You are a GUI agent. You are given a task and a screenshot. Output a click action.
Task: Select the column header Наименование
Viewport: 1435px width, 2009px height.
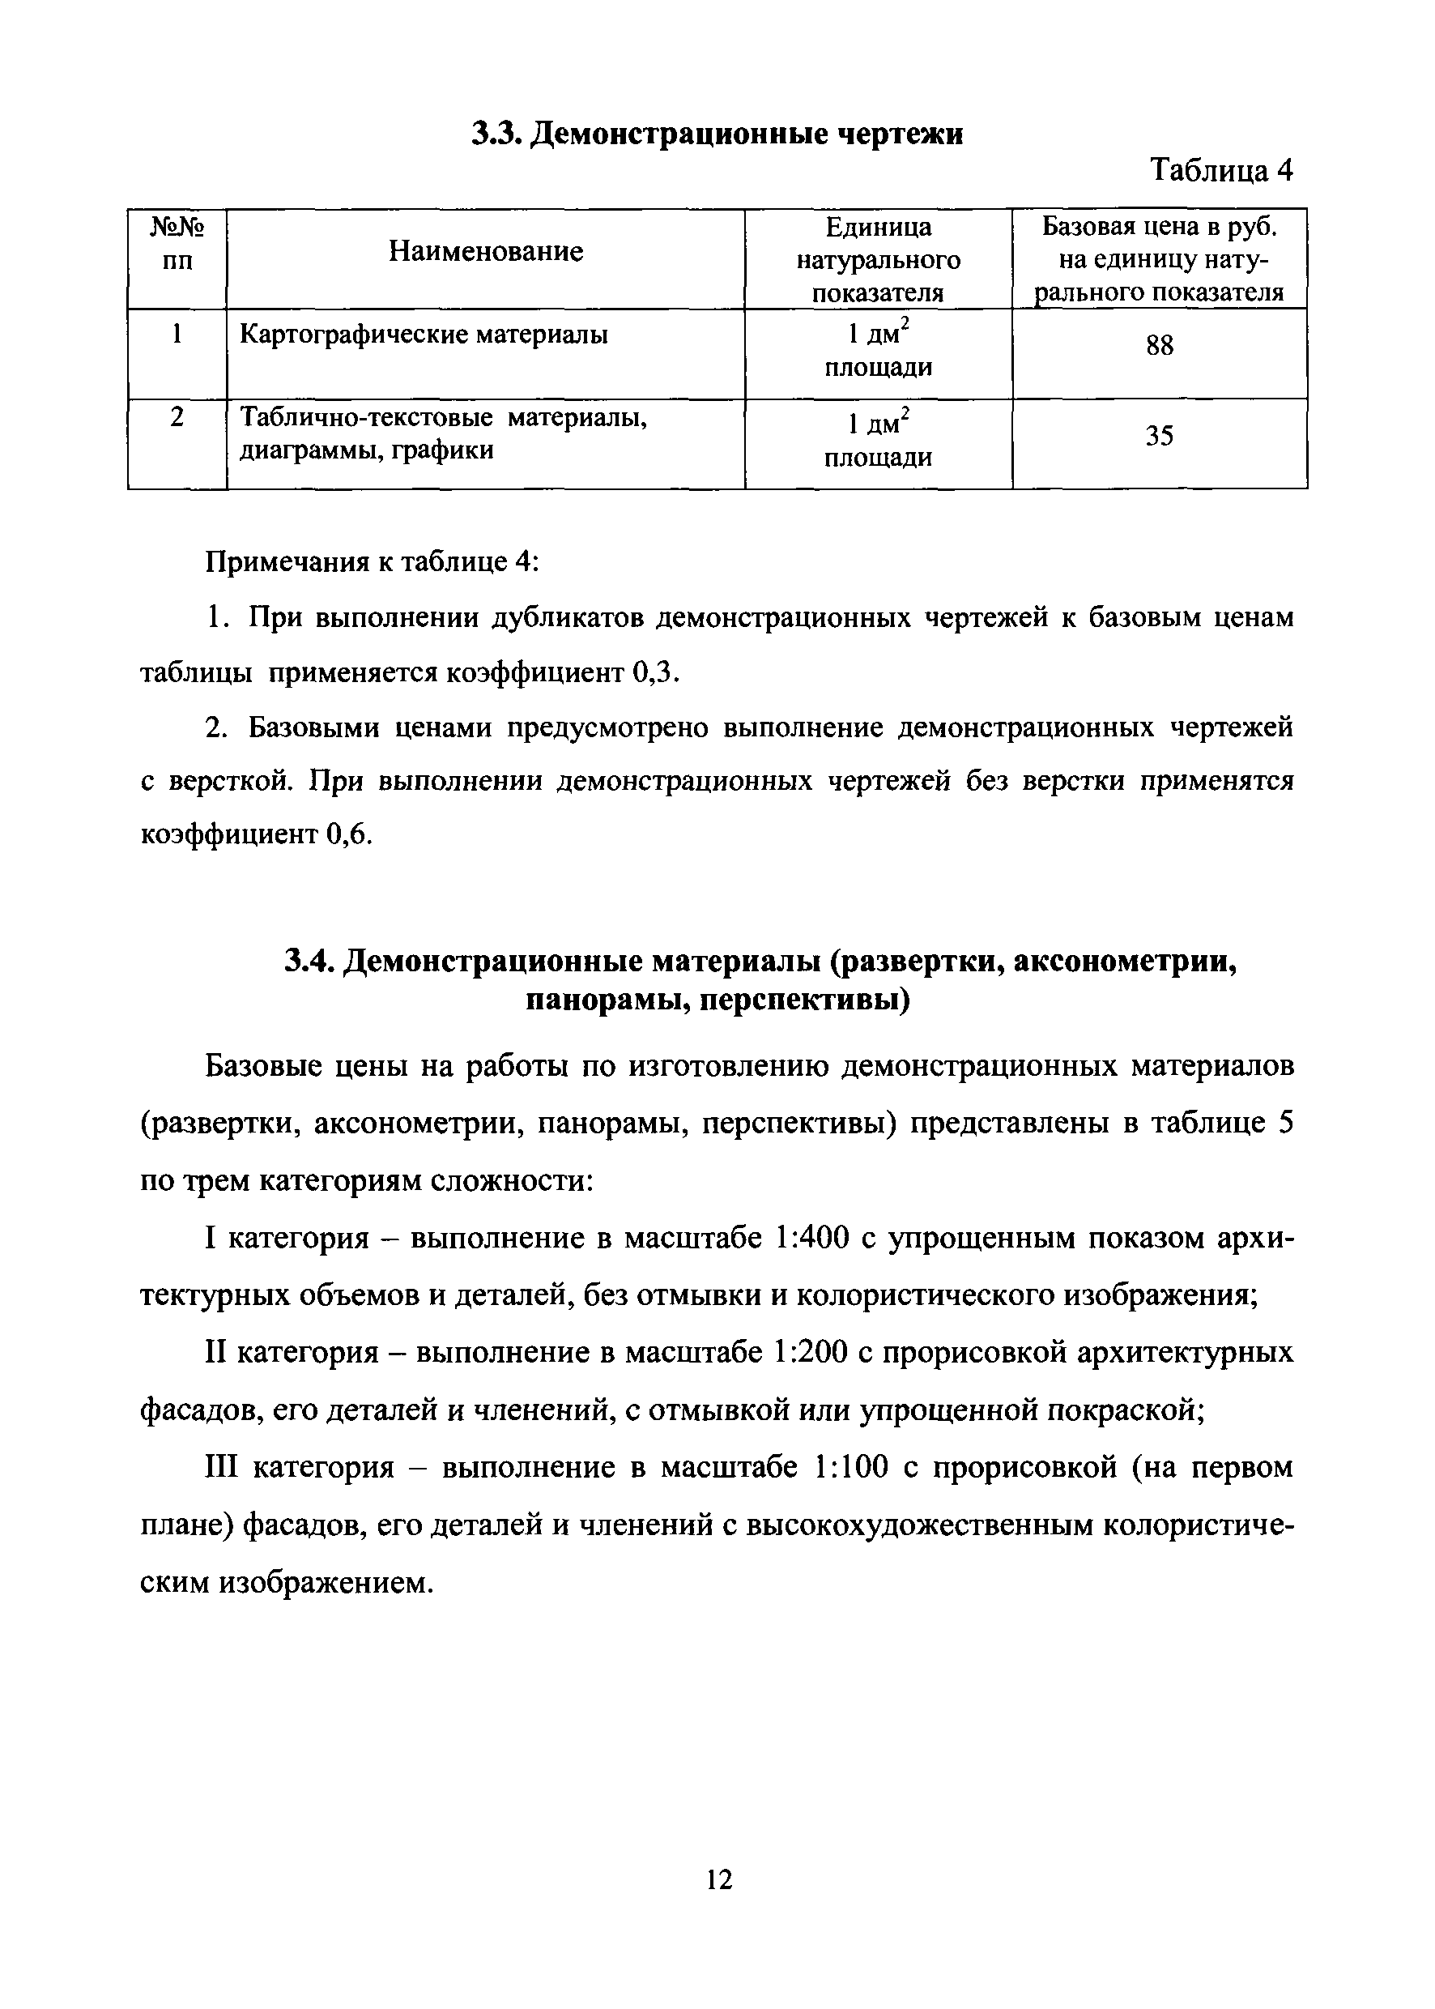(486, 252)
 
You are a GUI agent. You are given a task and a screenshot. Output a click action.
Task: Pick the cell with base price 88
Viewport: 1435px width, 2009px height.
(1160, 346)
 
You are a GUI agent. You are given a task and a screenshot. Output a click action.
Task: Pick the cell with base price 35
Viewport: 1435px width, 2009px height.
(1160, 436)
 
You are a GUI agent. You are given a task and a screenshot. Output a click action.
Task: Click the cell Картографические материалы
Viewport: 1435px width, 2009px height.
(424, 335)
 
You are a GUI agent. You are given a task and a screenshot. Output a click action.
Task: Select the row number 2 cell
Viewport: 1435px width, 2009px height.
(177, 417)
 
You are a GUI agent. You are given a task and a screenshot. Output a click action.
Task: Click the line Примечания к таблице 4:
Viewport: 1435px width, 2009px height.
(372, 562)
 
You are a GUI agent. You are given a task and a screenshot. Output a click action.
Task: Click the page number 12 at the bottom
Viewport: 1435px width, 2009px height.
(719, 1880)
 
